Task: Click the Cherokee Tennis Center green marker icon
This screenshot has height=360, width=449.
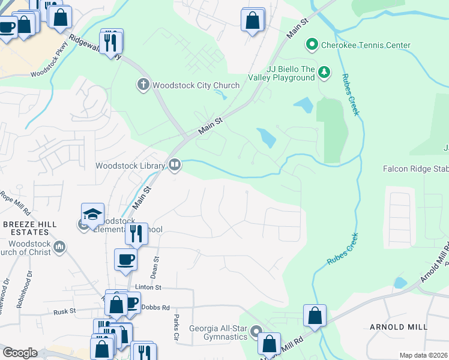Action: click(312, 45)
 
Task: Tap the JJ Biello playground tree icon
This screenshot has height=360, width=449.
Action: click(324, 73)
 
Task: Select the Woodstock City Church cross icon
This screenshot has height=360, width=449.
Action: click(143, 85)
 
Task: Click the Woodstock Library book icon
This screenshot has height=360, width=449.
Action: click(175, 164)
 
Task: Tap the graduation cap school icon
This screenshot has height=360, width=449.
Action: click(93, 215)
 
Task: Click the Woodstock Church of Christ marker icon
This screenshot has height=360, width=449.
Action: click(59, 247)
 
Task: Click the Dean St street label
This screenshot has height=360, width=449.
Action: click(155, 266)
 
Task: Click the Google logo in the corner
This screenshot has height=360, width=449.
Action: click(20, 353)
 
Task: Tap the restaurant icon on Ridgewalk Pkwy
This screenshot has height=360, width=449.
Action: click(110, 43)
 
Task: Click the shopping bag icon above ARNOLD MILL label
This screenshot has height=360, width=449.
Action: click(315, 315)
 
